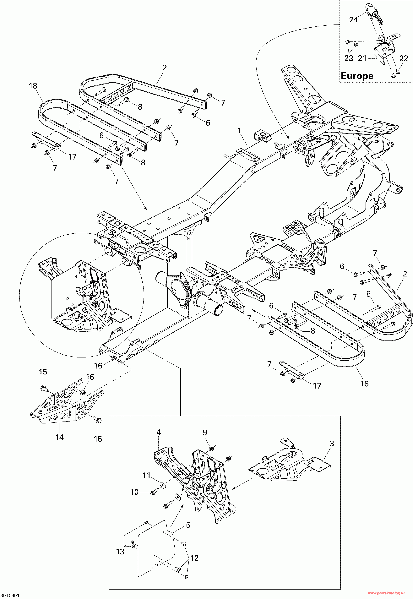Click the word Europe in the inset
[357, 76]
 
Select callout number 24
[353, 20]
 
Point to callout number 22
[403, 58]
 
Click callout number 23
[349, 58]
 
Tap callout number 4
[159, 432]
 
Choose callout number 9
[205, 432]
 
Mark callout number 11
[146, 475]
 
